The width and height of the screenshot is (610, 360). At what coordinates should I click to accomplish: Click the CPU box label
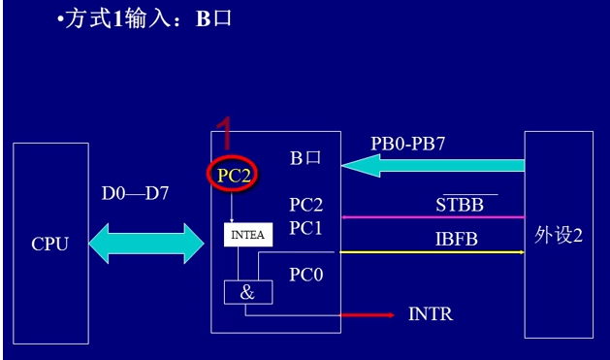point(49,244)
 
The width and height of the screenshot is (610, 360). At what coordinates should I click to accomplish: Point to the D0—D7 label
point(136,193)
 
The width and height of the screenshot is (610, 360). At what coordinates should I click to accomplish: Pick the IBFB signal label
point(457,238)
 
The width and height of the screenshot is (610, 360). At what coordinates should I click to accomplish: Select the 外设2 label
point(558,237)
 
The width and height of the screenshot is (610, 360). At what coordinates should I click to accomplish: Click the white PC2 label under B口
point(305,205)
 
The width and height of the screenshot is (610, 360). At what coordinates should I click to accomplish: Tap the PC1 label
point(305,228)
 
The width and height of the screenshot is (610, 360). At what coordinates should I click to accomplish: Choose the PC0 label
point(305,275)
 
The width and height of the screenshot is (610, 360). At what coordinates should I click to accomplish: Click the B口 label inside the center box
point(305,157)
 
